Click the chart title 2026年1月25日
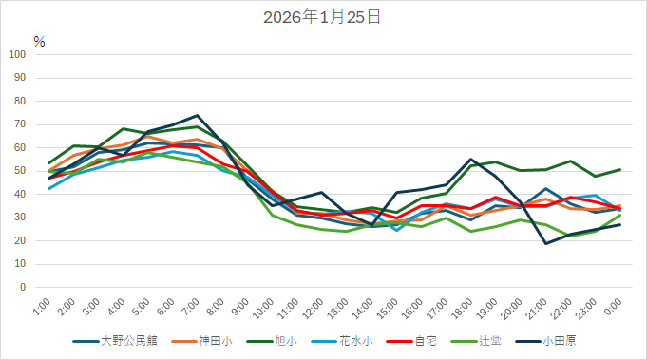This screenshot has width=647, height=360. coord(323,17)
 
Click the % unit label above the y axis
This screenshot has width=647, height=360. coord(39,41)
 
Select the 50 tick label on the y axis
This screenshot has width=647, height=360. coord(21,171)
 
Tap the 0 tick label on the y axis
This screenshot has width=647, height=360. coord(24,287)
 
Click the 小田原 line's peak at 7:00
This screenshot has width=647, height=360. coord(198,115)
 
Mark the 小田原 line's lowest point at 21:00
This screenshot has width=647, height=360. coord(546,243)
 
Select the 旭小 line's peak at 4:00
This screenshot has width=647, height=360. coord(124,128)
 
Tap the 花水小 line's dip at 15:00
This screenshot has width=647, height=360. coord(397,230)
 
